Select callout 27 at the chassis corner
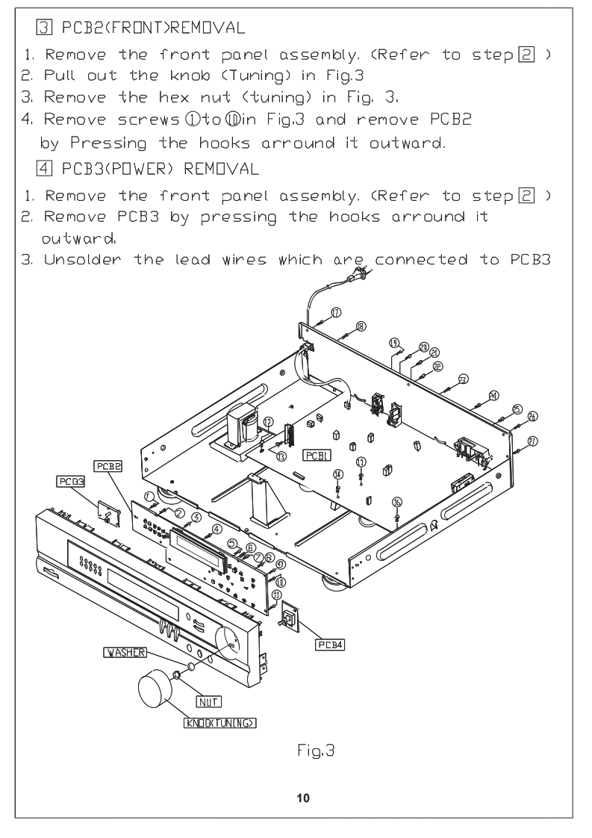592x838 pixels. [532, 441]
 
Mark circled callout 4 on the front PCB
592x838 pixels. [216, 530]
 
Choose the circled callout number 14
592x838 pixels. [338, 474]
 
